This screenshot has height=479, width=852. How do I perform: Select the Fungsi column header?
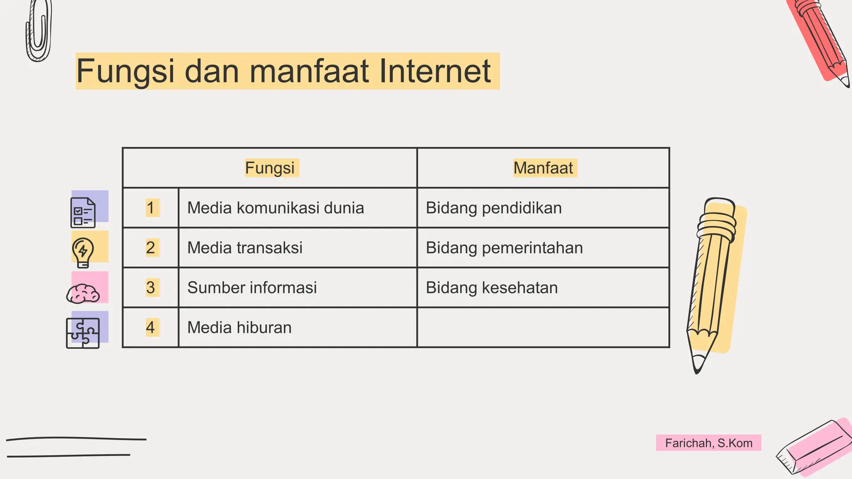coord(270,168)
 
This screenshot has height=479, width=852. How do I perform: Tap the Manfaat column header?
coord(543,168)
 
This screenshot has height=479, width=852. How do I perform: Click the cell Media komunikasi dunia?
coord(275,208)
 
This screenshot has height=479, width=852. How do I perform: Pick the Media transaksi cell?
coord(245,248)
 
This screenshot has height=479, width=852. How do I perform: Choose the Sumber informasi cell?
coord(252,288)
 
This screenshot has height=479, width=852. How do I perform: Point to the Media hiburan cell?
coord(239,328)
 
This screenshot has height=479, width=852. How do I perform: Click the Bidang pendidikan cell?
coord(493,208)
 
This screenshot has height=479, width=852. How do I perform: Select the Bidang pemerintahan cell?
coord(504,248)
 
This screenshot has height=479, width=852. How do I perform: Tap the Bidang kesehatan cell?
coord(491,288)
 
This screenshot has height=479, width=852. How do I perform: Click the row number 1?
coord(151,208)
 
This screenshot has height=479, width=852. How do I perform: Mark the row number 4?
coord(151,328)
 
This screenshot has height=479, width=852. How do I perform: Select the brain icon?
coord(83,294)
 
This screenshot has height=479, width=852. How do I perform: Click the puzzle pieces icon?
coord(83,333)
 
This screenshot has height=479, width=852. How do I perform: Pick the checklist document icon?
coord(83,212)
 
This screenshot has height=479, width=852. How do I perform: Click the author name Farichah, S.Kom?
coord(708,443)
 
